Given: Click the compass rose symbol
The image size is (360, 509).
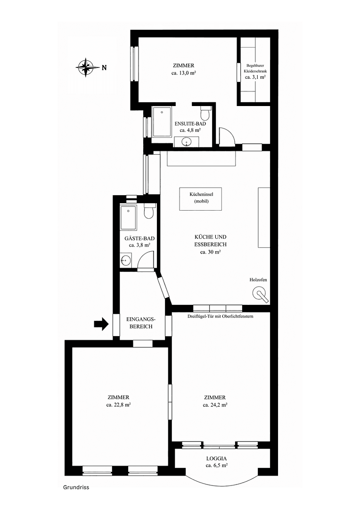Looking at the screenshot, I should coord(85,67).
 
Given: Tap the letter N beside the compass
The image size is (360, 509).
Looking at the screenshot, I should coord(104,68).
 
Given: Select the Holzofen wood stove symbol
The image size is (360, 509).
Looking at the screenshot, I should coord(260,295).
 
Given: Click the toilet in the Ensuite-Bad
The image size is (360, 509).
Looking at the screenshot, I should coord(205,114).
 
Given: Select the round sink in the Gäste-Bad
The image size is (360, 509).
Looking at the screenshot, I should coord(125,260).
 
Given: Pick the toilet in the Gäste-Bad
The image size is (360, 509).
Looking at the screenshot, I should coord(149,212).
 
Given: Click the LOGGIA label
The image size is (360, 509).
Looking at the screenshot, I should coord(217,458).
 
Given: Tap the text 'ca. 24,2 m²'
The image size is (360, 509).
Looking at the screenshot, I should coord(215,404).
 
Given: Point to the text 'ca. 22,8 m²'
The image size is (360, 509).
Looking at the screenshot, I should coord(118,404).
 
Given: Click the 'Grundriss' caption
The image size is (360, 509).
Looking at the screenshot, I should coord(76,488).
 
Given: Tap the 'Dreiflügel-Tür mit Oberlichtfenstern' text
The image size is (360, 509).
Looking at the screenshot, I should coord(221,316).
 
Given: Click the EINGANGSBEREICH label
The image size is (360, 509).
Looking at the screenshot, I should coord(139,323).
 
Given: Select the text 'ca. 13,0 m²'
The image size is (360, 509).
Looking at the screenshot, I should coord(183,73).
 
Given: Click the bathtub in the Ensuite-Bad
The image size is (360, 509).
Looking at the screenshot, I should coord(162,122).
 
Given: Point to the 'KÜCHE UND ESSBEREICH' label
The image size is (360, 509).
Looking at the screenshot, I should coord(211,241).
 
